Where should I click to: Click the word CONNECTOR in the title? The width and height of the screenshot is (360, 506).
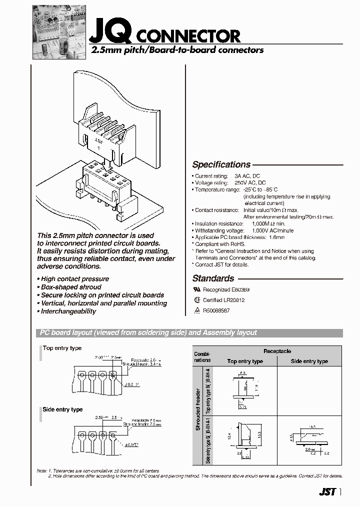(188, 36)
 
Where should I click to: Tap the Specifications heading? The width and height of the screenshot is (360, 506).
(221, 164)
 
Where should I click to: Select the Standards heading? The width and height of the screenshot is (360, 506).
(213, 278)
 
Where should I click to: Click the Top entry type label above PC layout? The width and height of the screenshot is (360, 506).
(62, 348)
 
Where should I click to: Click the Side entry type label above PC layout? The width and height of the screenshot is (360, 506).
(62, 409)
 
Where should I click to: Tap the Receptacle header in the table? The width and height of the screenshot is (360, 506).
(277, 351)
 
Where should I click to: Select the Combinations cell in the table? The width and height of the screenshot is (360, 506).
(202, 356)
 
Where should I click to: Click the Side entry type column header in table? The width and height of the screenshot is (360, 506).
(309, 361)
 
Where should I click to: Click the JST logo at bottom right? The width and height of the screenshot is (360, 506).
(326, 491)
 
